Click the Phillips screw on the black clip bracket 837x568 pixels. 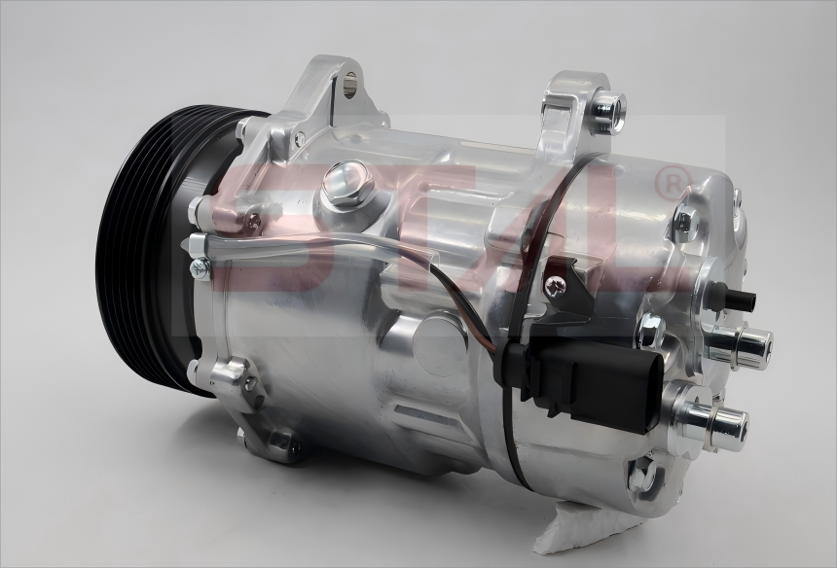(x=556, y=284)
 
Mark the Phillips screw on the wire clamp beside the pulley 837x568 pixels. (x=200, y=267)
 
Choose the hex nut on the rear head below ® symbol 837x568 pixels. (x=685, y=225)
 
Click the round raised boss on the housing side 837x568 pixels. (x=438, y=340)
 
